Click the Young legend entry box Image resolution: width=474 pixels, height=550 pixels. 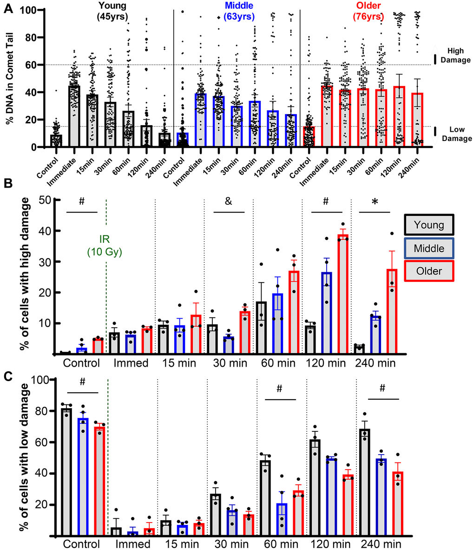429,226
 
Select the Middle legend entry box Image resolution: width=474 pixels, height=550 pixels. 429,248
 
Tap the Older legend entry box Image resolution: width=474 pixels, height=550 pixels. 429,271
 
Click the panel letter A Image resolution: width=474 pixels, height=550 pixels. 7,8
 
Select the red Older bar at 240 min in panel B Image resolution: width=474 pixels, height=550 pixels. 393,311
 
